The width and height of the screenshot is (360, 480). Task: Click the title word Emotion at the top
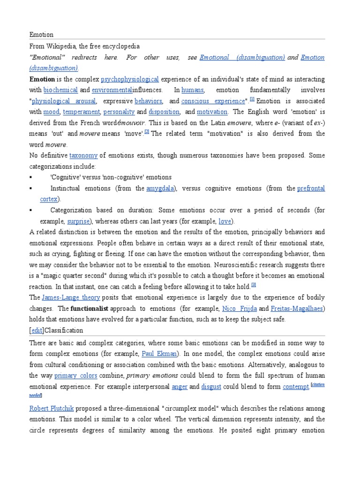41,35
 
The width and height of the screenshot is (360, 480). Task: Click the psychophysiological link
130,79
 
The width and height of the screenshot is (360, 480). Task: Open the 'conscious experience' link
213,101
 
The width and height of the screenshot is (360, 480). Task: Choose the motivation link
212,112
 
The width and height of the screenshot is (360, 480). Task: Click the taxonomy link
83,155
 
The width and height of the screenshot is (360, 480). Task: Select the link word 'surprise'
78,221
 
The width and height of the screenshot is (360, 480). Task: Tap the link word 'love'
225,221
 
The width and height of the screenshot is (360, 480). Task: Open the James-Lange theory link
64,297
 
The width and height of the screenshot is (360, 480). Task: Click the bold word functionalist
89,308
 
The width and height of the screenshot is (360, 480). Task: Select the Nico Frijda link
239,308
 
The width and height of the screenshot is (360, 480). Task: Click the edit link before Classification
35,330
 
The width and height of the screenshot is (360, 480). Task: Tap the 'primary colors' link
76,375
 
